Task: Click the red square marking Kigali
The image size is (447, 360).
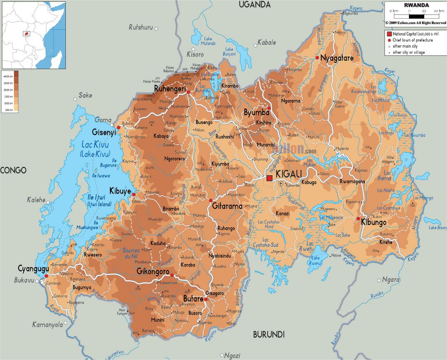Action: coord(269,178)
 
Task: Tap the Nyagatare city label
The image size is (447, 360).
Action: coord(337,58)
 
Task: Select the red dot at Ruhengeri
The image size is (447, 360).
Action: coord(188,92)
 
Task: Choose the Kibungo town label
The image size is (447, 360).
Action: coord(373,223)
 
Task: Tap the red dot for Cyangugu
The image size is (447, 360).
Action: coord(46,276)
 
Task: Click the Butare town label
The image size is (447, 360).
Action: coord(193,299)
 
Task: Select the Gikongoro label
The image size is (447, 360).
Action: coord(153,271)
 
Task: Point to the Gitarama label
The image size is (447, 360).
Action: coord(227,206)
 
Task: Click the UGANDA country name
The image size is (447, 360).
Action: coord(255,5)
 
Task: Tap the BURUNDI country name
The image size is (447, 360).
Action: coord(269,334)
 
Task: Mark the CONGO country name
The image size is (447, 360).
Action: coord(13,170)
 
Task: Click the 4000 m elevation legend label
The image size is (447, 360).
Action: coord(8,77)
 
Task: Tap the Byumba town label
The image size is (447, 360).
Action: coord(253,113)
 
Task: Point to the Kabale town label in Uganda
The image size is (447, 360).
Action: coord(267,42)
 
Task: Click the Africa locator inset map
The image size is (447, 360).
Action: coord(34,35)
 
